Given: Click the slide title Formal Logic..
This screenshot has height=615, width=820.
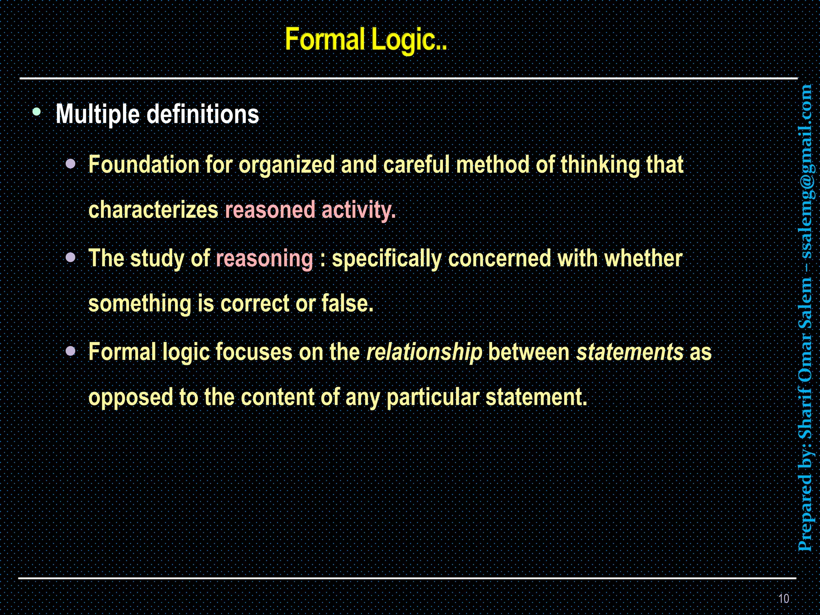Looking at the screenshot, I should pyautogui.click(x=366, y=40).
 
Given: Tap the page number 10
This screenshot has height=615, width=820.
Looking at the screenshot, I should pyautogui.click(x=784, y=599).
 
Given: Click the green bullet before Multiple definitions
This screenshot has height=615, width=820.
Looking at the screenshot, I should pyautogui.click(x=37, y=112).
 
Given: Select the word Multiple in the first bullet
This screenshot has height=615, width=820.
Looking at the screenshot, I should pyautogui.click(x=98, y=115).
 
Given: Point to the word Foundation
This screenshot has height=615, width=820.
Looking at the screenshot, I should pyautogui.click(x=144, y=165).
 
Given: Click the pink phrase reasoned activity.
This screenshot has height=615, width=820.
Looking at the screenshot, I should pyautogui.click(x=310, y=210).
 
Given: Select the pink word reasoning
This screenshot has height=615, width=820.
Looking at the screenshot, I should pyautogui.click(x=264, y=258).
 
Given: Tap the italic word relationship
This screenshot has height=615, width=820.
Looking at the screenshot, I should pyautogui.click(x=424, y=352).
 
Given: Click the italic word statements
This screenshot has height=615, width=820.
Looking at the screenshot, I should pyautogui.click(x=629, y=352).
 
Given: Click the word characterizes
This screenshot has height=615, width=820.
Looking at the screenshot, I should pyautogui.click(x=153, y=210).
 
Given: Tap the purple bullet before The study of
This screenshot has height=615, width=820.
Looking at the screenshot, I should pyautogui.click(x=70, y=257).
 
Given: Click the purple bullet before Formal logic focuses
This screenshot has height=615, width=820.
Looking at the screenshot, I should pyautogui.click(x=70, y=351).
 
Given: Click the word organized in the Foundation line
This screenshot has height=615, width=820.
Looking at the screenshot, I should pyautogui.click(x=286, y=165).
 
